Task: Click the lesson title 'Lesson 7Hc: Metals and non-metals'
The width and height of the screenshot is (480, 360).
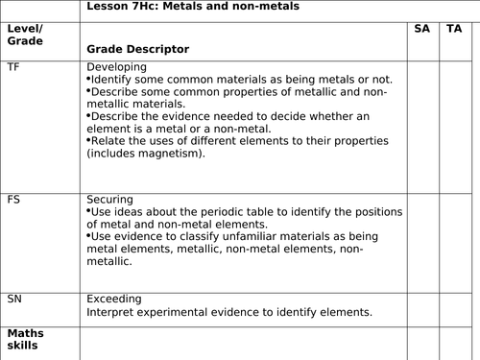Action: click(x=193, y=7)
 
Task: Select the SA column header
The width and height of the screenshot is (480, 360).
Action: click(x=421, y=30)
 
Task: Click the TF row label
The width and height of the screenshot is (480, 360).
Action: click(x=12, y=67)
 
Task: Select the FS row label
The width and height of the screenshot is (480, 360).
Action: click(x=12, y=200)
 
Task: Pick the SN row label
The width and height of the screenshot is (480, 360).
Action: click(x=13, y=298)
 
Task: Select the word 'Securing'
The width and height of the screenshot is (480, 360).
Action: click(x=110, y=200)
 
